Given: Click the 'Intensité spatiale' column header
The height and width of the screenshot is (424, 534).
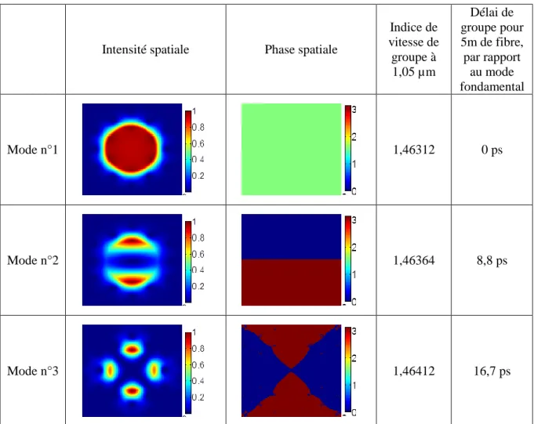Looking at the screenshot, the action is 145,49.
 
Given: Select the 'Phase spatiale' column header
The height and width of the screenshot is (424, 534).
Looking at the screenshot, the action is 301,49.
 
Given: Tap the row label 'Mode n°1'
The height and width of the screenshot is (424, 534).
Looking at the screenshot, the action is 33,150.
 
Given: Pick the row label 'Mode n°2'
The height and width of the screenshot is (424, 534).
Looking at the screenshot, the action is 33,260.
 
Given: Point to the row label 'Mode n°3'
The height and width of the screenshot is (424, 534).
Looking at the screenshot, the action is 33,371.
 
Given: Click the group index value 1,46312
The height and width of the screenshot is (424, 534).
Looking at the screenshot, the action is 414,150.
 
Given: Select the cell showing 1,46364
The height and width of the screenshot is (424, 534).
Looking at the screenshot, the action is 414,260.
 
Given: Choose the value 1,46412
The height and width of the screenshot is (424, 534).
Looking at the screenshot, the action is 414,371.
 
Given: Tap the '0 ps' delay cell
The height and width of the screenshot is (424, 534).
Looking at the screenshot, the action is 492,150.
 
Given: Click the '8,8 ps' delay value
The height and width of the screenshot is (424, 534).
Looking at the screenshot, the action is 492,261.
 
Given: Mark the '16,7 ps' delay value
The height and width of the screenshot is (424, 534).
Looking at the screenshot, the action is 492,371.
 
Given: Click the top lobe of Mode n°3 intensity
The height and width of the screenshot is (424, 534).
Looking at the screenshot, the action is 132,349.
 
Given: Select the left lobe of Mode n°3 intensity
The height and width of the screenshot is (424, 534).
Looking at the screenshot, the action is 110,370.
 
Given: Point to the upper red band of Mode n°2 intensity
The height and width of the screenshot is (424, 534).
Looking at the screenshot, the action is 132,241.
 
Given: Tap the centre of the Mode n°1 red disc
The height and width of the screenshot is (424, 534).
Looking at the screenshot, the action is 132,148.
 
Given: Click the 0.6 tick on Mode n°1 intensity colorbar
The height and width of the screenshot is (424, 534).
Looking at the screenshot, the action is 198,143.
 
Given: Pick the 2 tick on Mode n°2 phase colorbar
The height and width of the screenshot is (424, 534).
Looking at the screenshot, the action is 354,248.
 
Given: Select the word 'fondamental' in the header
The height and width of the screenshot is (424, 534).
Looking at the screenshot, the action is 492,86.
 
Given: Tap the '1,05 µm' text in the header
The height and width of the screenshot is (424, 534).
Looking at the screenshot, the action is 414,72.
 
